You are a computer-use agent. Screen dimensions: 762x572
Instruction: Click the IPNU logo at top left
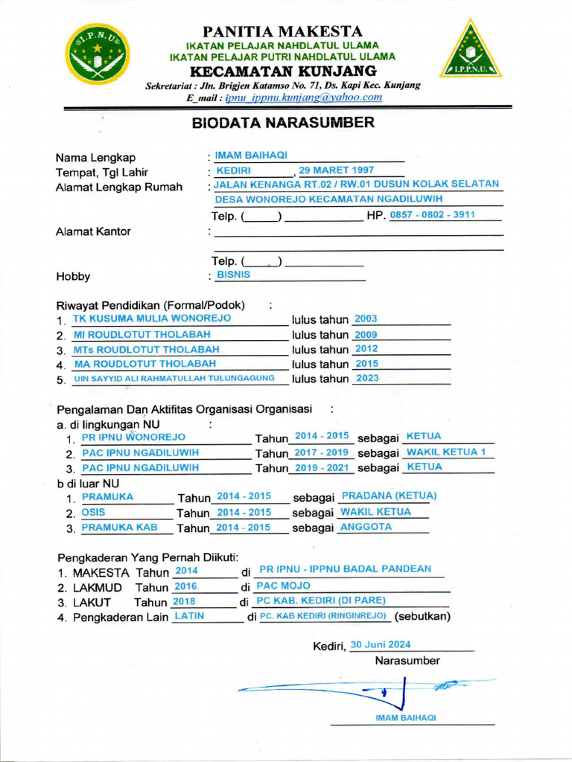click(x=96, y=54)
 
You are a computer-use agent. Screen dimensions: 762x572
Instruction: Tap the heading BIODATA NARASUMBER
click(x=283, y=123)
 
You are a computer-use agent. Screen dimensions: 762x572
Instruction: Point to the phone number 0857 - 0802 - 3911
click(x=433, y=215)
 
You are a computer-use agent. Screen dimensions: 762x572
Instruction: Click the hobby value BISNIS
click(x=233, y=275)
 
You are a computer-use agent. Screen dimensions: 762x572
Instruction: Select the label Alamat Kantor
click(x=93, y=231)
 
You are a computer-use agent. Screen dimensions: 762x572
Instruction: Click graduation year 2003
click(x=366, y=318)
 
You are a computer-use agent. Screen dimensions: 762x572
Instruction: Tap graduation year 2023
click(x=368, y=378)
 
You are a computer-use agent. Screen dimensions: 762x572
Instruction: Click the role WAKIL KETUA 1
click(x=446, y=452)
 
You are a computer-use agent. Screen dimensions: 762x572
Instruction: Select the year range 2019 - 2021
click(x=321, y=467)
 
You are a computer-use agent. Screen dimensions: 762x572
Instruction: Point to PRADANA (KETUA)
click(x=388, y=496)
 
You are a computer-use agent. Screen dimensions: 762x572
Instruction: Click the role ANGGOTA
click(x=366, y=527)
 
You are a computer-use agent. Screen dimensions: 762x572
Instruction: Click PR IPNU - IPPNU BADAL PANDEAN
click(x=345, y=569)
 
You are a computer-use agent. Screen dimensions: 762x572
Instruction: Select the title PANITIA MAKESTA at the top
click(x=283, y=31)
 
